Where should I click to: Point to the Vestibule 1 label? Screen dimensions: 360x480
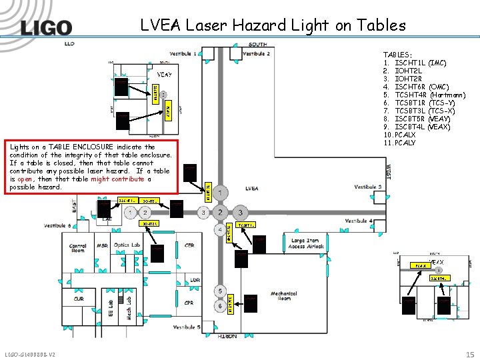click(x=181, y=53)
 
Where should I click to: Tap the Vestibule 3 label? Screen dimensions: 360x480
click(x=369, y=187)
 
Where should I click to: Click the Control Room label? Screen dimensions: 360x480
click(x=77, y=249)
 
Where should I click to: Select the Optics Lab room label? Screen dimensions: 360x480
click(x=127, y=245)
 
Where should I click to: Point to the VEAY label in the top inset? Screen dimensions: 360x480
click(x=164, y=74)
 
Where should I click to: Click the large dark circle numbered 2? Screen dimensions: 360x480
click(x=221, y=212)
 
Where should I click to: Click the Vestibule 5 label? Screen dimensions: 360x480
click(x=186, y=327)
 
